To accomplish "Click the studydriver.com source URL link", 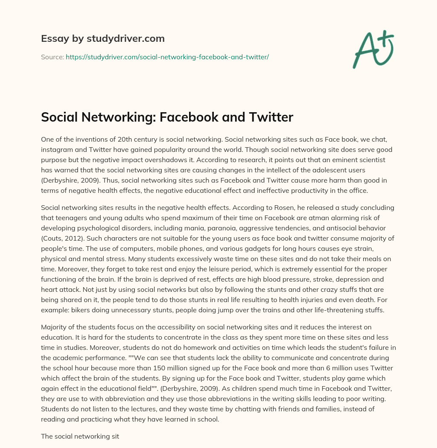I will tap(167, 56).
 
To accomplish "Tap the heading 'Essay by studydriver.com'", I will tap(103, 38).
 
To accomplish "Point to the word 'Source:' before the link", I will tap(52, 56).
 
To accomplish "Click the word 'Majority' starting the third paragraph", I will tap(55, 327).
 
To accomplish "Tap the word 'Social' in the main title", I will tap(60, 117).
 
